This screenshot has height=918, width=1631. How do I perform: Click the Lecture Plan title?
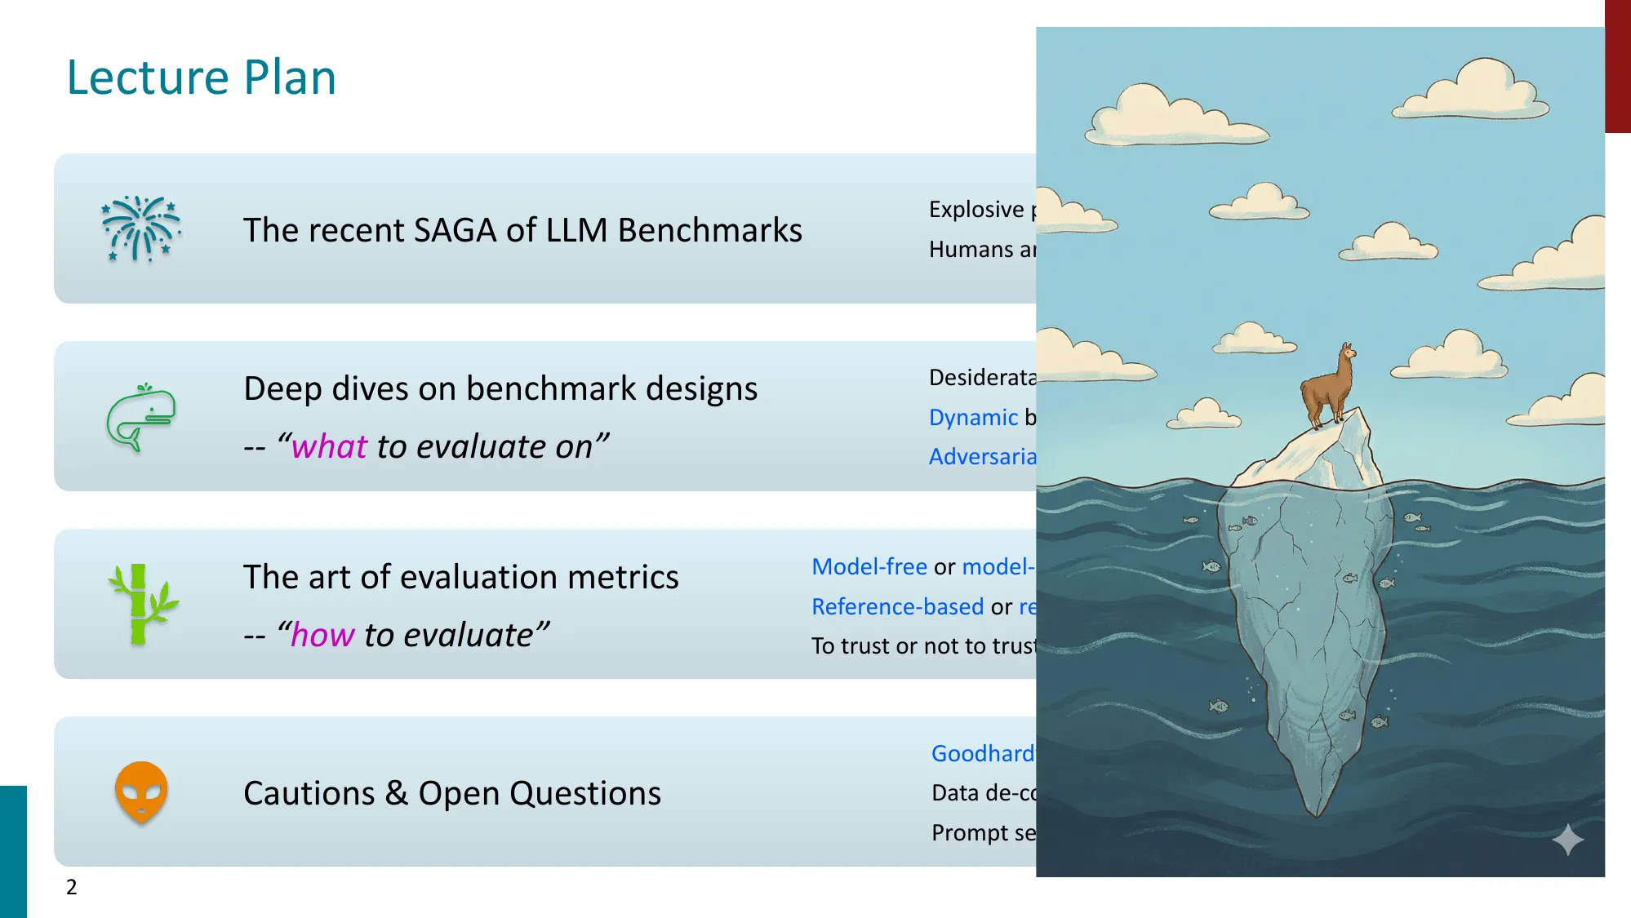(201, 78)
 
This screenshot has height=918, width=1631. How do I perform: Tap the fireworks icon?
(140, 228)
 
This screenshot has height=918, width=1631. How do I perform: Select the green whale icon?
(141, 417)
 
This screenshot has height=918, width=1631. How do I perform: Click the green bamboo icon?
(140, 604)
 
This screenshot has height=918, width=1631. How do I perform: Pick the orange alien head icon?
(141, 792)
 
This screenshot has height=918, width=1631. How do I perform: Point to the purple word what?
(329, 446)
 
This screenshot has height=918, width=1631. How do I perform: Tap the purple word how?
(322, 635)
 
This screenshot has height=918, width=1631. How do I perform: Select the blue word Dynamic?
(973, 417)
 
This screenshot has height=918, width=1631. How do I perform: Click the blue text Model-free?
(869, 566)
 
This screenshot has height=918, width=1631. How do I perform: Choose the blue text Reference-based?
(897, 606)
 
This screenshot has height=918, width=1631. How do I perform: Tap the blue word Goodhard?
(982, 753)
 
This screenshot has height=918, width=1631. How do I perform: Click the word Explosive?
(975, 210)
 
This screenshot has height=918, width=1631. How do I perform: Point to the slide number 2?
(72, 887)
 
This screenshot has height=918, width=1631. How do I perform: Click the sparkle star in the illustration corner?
(1567, 840)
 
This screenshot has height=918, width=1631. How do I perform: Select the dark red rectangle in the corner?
(1617, 65)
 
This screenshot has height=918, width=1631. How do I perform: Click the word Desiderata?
(982, 377)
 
